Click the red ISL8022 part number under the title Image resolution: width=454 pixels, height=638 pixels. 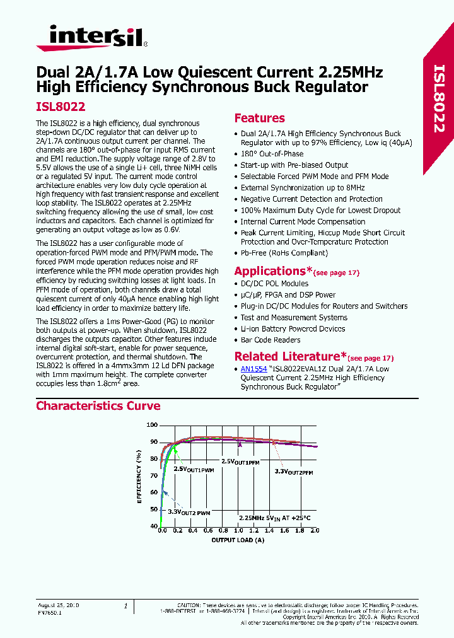[61, 108]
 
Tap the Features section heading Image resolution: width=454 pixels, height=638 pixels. [259, 119]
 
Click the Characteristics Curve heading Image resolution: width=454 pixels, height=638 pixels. [98, 406]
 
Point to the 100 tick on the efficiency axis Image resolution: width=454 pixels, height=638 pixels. [152, 425]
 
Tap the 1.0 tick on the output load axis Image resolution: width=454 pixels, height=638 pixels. [238, 531]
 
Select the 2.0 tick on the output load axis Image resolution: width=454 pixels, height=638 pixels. [315, 531]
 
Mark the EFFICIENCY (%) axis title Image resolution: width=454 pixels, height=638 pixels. [139, 475]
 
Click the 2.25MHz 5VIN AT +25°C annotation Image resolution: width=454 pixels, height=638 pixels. [274, 518]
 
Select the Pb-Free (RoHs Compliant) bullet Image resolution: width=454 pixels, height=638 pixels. [284, 253]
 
